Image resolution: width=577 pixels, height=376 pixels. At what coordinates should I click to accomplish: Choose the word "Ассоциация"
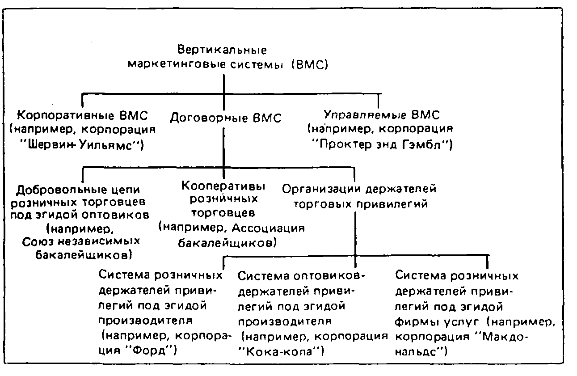(270, 228)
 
